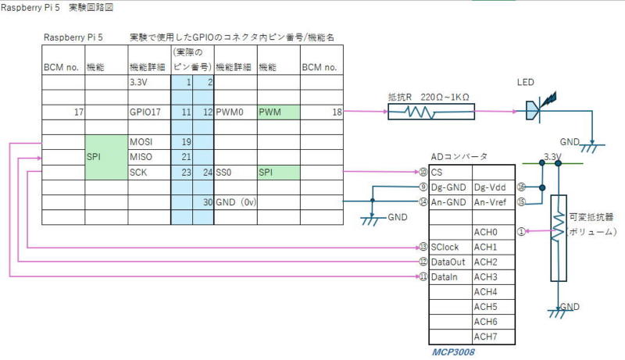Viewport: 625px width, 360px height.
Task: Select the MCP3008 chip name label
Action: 453,351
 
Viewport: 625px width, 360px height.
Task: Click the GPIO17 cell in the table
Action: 148,112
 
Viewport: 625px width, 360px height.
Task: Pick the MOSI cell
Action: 148,142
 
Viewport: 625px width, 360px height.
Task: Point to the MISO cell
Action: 148,157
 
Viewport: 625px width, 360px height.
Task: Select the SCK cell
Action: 148,172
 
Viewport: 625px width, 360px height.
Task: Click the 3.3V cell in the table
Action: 148,82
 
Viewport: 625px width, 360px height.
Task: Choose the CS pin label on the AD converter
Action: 437,172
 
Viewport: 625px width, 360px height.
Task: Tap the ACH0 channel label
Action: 485,232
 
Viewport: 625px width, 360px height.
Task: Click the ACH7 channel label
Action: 485,337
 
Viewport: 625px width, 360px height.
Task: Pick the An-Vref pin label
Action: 491,201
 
